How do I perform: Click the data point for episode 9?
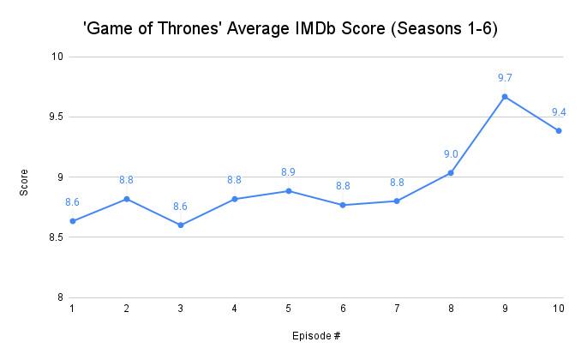tap(505, 97)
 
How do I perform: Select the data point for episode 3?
tap(181, 225)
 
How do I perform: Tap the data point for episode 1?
tap(73, 221)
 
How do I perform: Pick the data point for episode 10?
tap(559, 130)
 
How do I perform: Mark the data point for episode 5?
tap(289, 191)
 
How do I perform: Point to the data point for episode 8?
tap(451, 173)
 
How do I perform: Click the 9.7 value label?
tap(505, 78)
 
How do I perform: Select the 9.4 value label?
tap(559, 112)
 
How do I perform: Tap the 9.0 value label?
tap(451, 154)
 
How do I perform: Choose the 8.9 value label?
tap(289, 172)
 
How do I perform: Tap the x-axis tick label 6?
tap(343, 309)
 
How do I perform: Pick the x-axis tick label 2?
tap(127, 309)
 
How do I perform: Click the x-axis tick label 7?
tap(397, 309)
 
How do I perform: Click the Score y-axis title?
tap(25, 177)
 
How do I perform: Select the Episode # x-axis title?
tap(315, 335)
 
